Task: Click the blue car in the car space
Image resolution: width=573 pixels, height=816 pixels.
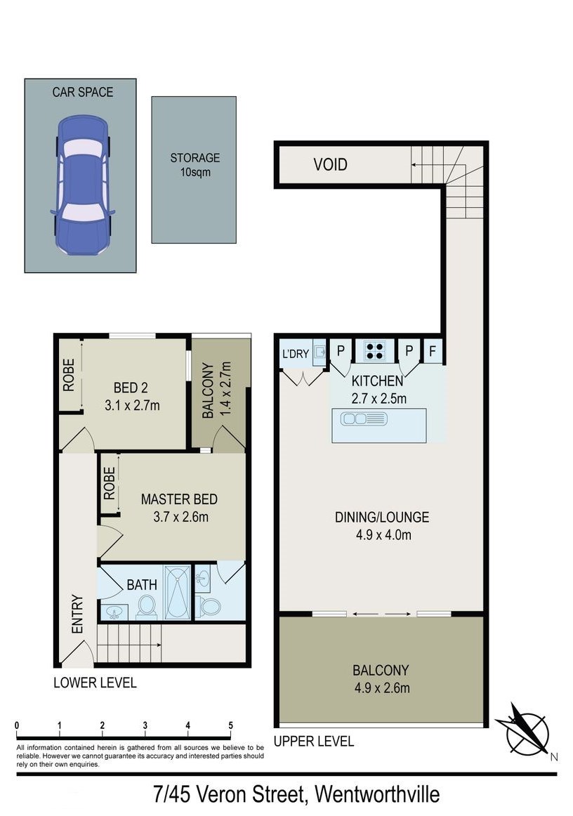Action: coord(82,185)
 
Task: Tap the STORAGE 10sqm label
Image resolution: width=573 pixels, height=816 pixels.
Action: coord(195,164)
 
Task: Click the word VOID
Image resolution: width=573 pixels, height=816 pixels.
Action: coord(330,164)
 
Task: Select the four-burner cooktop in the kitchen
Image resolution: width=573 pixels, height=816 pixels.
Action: coord(374,350)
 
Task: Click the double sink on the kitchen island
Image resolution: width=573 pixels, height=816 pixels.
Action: coord(364,419)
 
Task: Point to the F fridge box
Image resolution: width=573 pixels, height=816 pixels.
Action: coord(433,351)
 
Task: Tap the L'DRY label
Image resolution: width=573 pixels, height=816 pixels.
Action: coord(295,354)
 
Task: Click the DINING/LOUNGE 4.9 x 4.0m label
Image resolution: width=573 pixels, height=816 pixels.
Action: coord(382,525)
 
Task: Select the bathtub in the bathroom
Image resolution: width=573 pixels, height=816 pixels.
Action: coord(178,592)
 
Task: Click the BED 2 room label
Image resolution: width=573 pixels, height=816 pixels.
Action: coord(132,397)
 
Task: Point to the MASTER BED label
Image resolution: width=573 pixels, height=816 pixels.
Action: coord(179,499)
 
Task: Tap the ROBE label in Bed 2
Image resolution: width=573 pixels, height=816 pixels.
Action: coord(69,375)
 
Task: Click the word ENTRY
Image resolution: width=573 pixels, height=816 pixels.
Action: coord(77,614)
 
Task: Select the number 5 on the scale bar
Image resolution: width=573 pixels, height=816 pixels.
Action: coord(230,725)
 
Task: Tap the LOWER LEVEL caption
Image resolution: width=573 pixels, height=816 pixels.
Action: coord(95,683)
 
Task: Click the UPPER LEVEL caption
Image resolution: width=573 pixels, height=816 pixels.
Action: coord(314,741)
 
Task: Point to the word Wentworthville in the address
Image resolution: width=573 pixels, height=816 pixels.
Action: coord(377,795)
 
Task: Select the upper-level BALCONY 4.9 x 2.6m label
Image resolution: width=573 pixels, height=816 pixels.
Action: coord(382,679)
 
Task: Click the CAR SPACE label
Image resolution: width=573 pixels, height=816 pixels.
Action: coord(83,92)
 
